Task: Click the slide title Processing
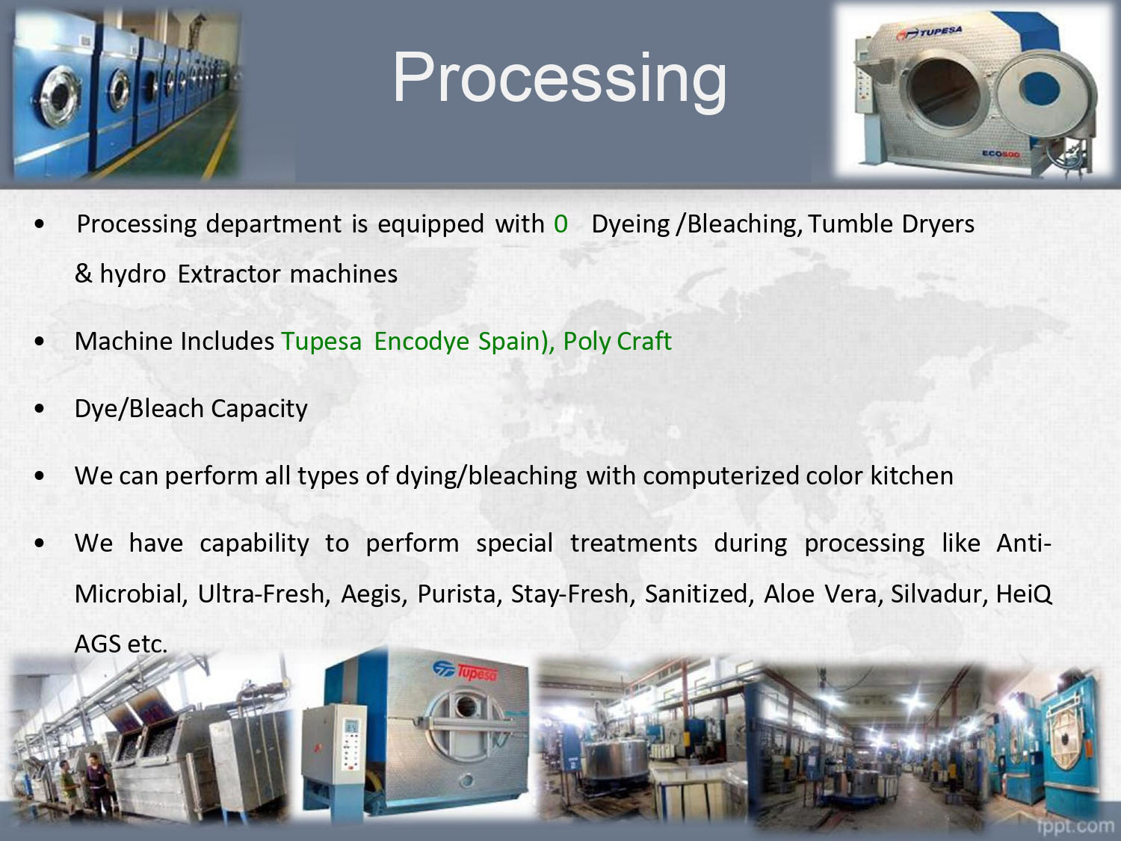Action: tap(560, 79)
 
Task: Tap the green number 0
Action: tap(560, 224)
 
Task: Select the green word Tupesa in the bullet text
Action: tap(322, 341)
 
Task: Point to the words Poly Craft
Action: tap(617, 341)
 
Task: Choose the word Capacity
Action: tap(259, 408)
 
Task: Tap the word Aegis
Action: tap(374, 594)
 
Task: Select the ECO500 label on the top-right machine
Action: tap(1001, 154)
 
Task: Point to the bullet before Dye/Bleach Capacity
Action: tap(40, 408)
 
